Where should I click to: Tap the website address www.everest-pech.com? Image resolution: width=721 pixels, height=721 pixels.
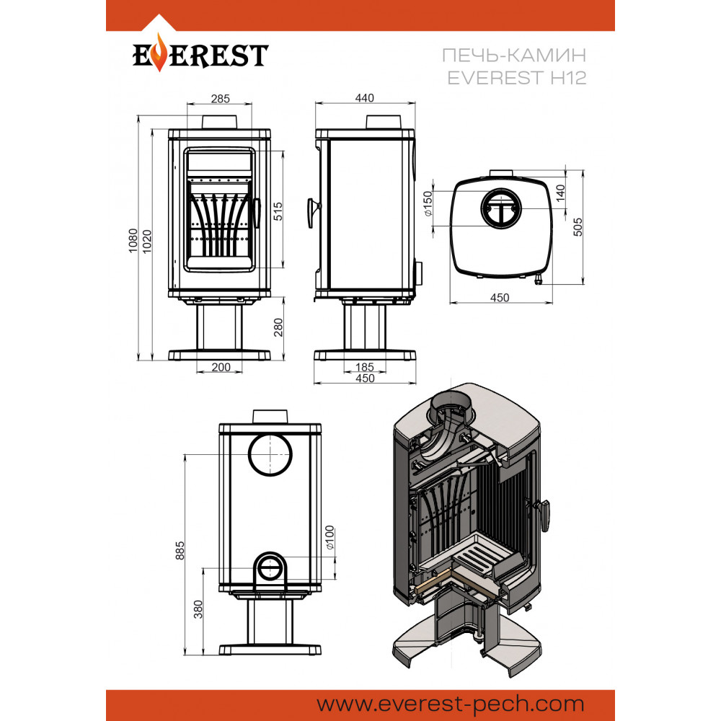coord(451,703)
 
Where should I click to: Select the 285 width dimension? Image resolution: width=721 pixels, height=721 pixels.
coord(220,98)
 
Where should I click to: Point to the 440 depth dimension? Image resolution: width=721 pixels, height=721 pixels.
coord(366,98)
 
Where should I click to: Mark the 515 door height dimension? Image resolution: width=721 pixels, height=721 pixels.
coord(278,211)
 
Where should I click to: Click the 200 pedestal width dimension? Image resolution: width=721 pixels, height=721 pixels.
coord(221,367)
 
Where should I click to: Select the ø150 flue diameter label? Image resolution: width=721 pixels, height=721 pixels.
coord(427,205)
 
